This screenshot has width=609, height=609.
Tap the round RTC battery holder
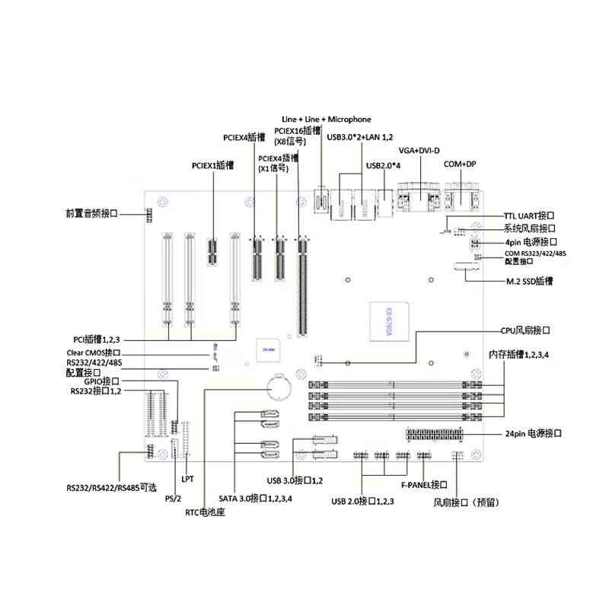(x=279, y=389)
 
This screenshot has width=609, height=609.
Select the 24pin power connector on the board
(x=435, y=435)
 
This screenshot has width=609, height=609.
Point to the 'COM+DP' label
(x=459, y=164)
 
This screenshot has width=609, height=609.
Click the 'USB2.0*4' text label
(x=384, y=165)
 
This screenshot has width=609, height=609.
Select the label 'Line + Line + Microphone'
(x=326, y=120)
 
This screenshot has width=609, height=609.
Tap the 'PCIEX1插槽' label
(x=212, y=164)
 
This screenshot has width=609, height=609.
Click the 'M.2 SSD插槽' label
(x=530, y=281)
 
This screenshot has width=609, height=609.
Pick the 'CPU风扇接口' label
(x=525, y=330)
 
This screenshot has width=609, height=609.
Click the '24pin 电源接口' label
(x=533, y=433)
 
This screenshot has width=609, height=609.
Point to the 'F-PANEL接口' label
(x=423, y=484)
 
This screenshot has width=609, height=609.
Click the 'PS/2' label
(x=173, y=498)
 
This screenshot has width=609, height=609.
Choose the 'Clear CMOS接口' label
(x=92, y=353)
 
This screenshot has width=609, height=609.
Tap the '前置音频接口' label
(x=91, y=213)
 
